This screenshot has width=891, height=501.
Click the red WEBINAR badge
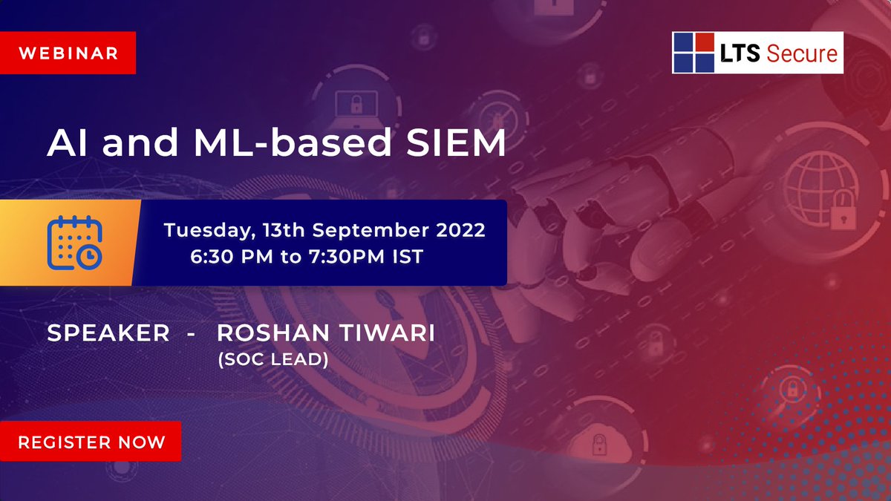(68, 53)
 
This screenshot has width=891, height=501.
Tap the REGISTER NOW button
(91, 442)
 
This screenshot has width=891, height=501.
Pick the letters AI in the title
(69, 143)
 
